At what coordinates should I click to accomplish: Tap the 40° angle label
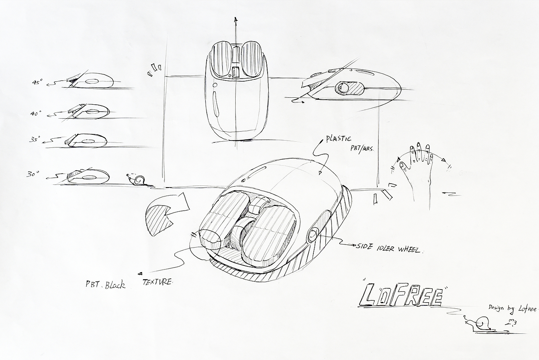37,114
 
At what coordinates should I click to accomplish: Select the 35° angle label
35,141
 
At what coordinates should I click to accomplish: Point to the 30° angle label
33,174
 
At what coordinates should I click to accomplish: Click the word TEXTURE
157,282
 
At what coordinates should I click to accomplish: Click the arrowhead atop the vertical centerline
236,19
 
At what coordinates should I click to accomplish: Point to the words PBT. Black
105,285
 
